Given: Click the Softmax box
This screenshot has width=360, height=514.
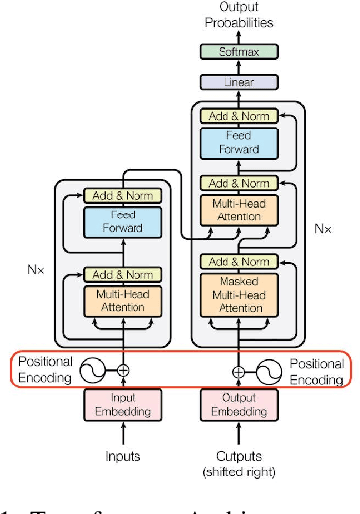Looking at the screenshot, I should [237, 51].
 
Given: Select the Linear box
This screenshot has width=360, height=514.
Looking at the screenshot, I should [237, 83].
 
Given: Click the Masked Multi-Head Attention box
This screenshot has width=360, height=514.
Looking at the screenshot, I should [237, 294].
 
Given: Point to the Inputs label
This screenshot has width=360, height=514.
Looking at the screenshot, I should [123, 456].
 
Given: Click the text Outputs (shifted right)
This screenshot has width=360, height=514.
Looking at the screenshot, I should [237, 463].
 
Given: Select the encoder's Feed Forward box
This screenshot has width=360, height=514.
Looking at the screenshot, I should [123, 222].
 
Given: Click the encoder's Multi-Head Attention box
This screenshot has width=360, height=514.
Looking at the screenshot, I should [123, 300].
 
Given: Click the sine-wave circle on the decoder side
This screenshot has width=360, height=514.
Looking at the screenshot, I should [269, 372].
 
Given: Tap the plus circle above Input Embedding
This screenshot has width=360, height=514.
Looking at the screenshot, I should [123, 372].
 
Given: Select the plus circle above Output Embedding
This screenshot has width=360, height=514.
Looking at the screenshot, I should [237, 372].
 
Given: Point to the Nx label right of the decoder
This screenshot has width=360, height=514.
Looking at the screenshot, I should [322, 227].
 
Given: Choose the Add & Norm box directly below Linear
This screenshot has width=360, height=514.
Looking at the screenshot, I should [237, 116].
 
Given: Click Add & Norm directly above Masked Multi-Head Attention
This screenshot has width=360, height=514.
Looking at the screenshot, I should [237, 262].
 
